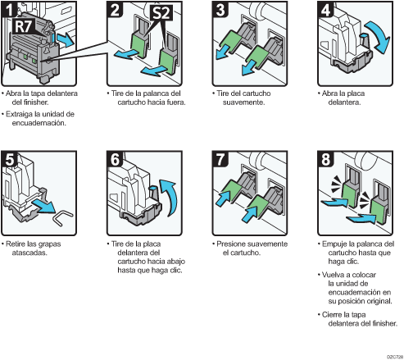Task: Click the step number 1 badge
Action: [x=9, y=9]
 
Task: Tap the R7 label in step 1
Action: [x=23, y=26]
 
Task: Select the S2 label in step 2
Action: [x=161, y=13]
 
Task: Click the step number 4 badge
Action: [x=325, y=9]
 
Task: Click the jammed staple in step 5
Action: [x=63, y=217]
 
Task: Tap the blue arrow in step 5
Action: [x=43, y=206]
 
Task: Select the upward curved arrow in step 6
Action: [x=170, y=198]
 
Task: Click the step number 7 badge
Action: [x=220, y=159]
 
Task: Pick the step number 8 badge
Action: [x=325, y=159]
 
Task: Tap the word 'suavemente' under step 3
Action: [x=243, y=103]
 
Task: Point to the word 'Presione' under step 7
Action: [x=231, y=244]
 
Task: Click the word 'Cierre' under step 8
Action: [x=332, y=315]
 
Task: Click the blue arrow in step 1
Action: [x=66, y=40]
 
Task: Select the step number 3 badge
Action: [x=220, y=9]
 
